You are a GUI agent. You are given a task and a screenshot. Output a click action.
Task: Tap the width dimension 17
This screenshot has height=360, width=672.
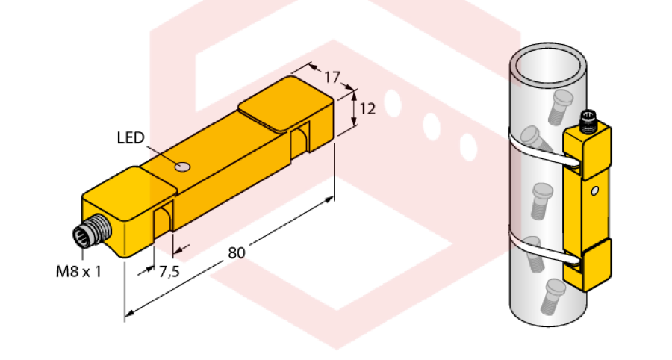332,75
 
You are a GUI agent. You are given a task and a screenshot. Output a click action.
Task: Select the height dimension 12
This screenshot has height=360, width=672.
367,108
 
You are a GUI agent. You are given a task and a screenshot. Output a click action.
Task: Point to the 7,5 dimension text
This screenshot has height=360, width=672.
169,271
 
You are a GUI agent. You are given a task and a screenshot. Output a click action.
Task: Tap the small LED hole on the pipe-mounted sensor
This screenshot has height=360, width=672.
594,191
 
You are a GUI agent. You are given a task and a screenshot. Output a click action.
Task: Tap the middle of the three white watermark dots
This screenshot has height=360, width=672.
432,124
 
